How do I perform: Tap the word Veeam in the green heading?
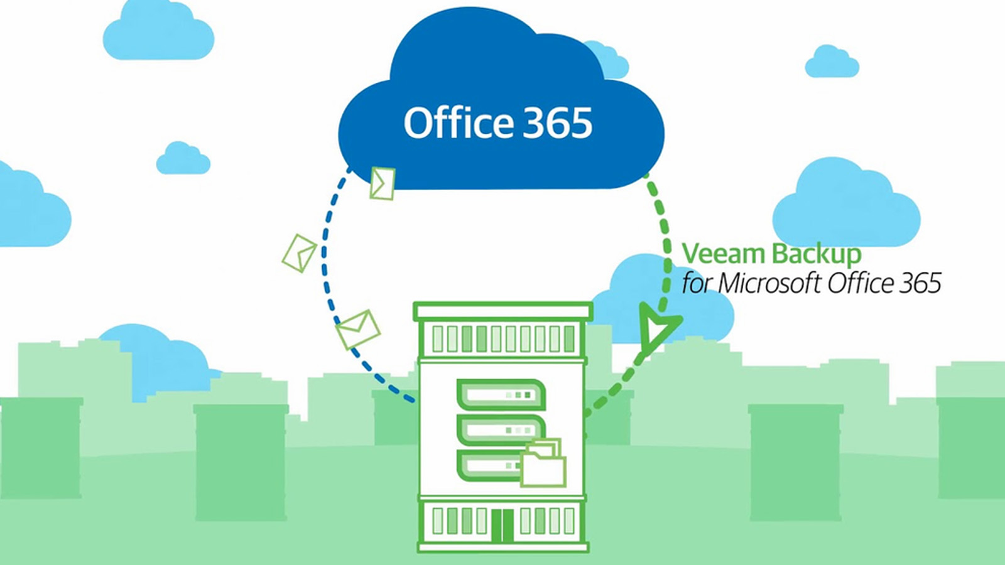point(725,254)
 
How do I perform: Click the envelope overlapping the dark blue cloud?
point(383,183)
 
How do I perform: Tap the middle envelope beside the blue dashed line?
point(299,253)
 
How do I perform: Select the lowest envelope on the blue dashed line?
point(358,330)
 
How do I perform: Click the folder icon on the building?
point(543,463)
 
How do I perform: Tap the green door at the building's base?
point(503,525)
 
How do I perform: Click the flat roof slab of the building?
point(503,311)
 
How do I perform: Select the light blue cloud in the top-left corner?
point(158,31)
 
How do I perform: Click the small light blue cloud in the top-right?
point(832,62)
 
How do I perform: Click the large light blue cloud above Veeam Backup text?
point(846,202)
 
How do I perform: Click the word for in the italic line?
point(698,283)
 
